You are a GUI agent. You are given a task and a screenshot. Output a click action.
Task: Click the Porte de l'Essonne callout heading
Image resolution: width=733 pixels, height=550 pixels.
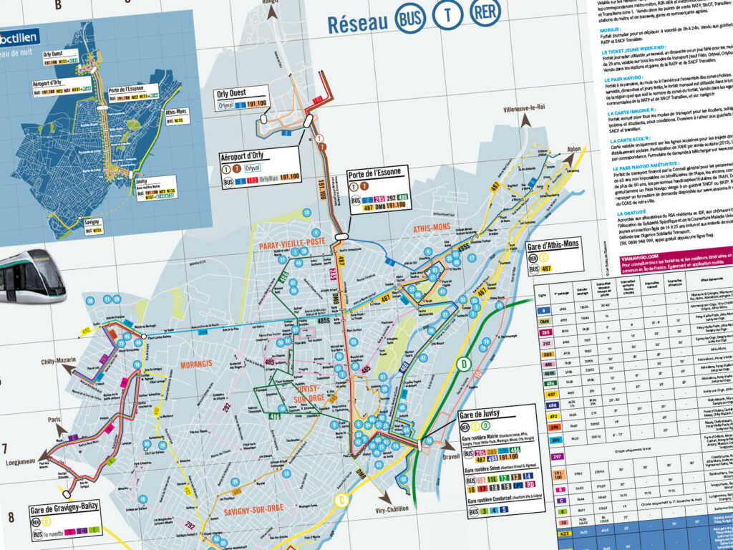pos(376,173)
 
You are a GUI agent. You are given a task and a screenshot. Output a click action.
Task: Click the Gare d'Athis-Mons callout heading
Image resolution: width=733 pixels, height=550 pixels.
pos(561,249)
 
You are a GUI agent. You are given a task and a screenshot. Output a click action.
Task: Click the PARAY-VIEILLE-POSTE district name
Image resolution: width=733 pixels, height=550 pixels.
pos(291,247)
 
